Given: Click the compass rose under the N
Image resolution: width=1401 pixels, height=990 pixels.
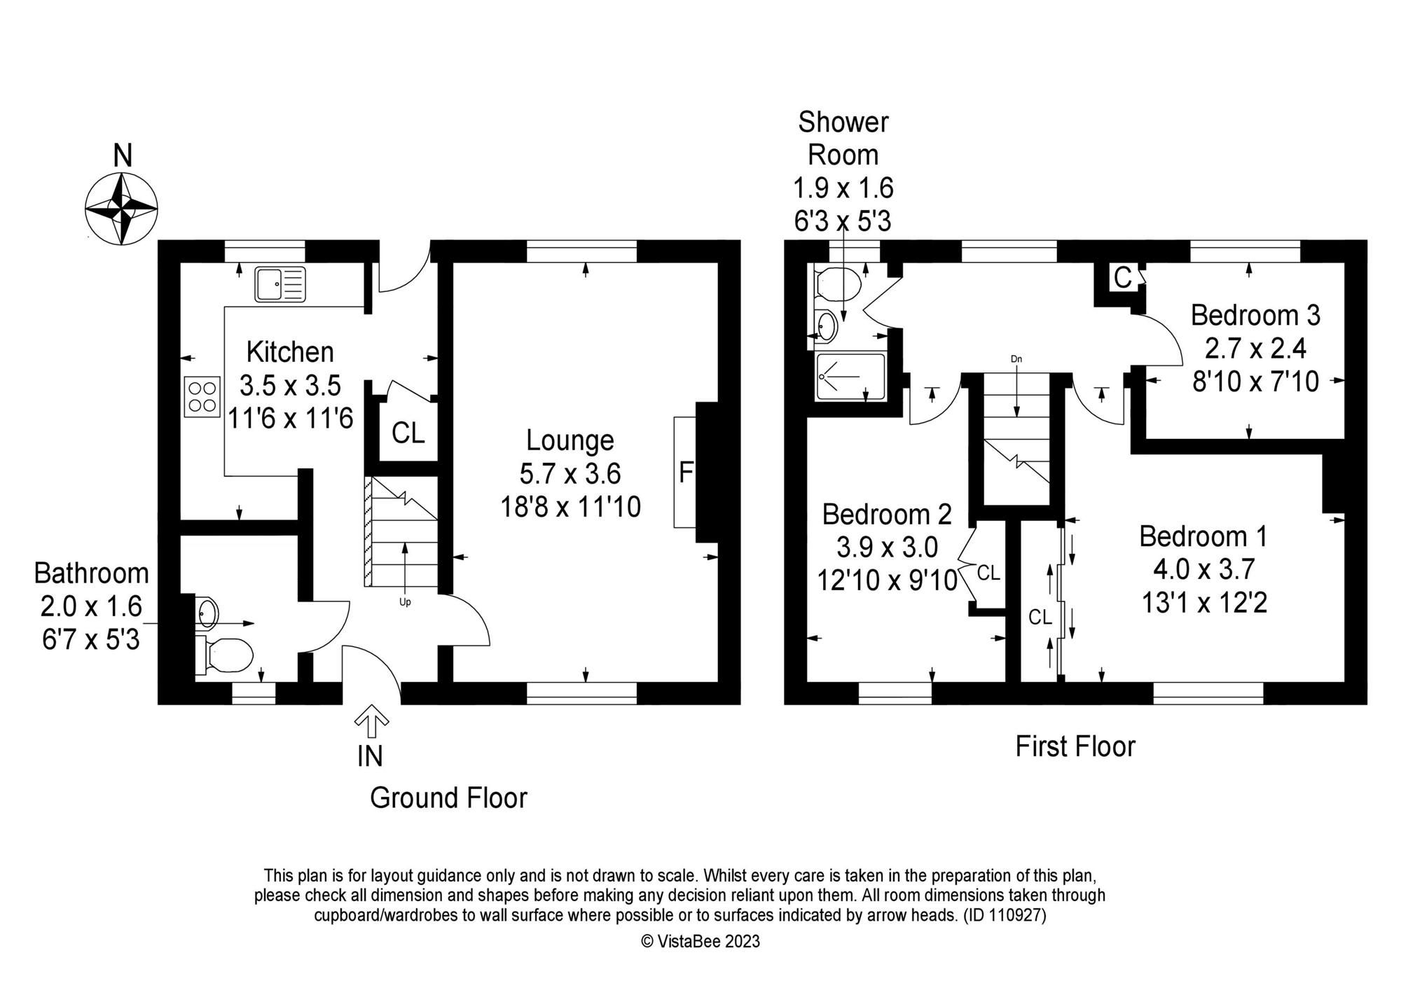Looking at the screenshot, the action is click(121, 209).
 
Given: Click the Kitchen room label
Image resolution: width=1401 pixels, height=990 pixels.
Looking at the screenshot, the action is click(290, 351).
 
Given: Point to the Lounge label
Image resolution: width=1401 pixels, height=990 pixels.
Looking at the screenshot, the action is click(570, 440).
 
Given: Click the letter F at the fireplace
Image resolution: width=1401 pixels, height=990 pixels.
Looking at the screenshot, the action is click(686, 473).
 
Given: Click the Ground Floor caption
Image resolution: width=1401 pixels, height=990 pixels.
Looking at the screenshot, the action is click(448, 797).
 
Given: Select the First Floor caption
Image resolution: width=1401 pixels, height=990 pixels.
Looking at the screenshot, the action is click(1075, 746).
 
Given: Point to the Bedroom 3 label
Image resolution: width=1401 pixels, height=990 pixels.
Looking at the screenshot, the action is click(1255, 315).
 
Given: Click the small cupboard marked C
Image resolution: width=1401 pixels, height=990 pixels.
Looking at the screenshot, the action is click(1122, 278).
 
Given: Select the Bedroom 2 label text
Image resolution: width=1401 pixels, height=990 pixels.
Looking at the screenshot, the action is click(887, 515).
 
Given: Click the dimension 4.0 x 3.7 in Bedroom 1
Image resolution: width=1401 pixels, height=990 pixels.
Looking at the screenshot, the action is click(1203, 570).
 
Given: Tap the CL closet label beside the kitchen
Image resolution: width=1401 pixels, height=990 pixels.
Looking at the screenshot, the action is click(408, 433).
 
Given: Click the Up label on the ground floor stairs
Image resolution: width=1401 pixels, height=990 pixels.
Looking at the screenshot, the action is click(405, 602).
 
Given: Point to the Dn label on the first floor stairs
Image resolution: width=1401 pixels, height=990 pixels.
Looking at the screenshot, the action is click(1016, 359).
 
